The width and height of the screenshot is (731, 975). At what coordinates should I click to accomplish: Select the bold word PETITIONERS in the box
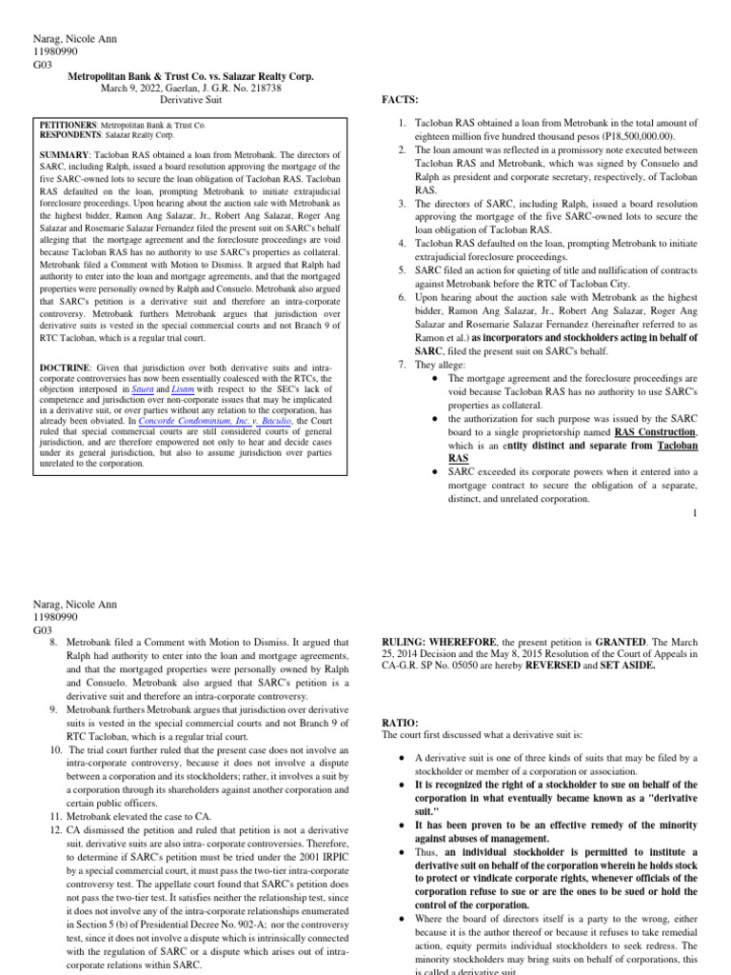point(68,125)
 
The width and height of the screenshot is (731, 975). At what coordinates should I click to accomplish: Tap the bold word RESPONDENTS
point(69,135)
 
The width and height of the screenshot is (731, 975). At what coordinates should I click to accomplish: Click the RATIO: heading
point(400,723)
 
